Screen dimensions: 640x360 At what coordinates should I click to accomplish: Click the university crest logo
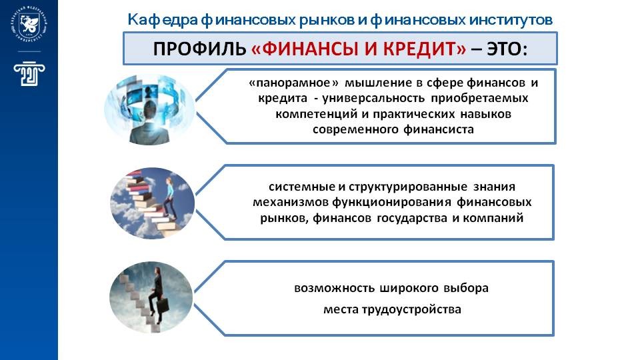[29, 24]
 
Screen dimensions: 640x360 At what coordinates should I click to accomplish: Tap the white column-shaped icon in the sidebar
[29, 73]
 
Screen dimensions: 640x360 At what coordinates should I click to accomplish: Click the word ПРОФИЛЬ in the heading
[199, 49]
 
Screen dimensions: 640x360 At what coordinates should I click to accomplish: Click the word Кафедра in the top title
[163, 19]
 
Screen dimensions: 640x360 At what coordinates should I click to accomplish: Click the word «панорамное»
[294, 83]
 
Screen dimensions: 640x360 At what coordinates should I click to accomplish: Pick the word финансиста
[439, 130]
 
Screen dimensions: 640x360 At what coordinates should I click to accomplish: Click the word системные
[301, 187]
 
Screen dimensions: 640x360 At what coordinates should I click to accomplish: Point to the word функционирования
[391, 203]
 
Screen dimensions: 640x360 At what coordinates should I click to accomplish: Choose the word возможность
[334, 288]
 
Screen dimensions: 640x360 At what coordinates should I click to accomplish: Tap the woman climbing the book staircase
[171, 198]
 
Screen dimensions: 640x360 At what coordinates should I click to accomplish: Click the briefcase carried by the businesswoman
[163, 305]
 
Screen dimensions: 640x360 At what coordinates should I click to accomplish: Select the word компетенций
[317, 114]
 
